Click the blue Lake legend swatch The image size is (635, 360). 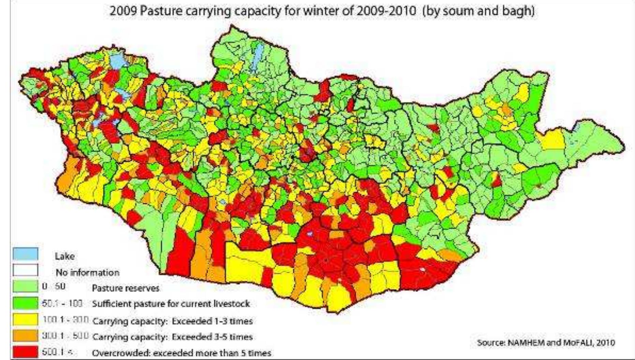[x=25, y=254]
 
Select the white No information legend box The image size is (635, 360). [x=25, y=270]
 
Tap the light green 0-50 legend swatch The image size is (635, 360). [x=25, y=286]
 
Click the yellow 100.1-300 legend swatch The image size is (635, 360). [x=25, y=320]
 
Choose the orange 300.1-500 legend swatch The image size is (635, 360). [x=25, y=336]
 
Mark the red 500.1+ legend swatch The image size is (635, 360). [x=25, y=352]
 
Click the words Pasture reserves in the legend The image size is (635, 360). [x=125, y=288]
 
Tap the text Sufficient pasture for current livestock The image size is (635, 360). [x=171, y=304]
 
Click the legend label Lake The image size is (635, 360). [x=64, y=256]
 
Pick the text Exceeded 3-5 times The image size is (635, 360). [x=212, y=337]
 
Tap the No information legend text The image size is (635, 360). [x=87, y=272]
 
